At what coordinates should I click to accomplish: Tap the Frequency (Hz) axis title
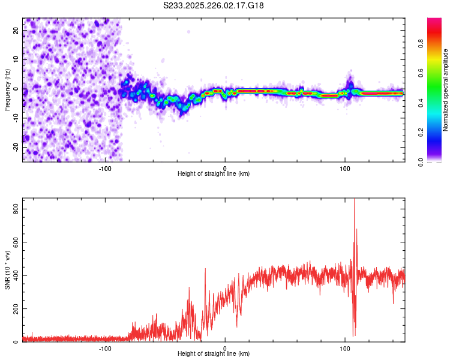tap(7, 90)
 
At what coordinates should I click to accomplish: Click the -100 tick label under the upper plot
tap(105, 169)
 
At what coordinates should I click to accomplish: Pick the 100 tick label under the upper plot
tap(344, 169)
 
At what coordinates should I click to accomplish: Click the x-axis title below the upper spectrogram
tap(214, 174)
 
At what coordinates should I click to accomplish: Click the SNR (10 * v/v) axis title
tap(7, 270)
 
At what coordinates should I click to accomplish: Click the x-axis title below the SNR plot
tap(214, 354)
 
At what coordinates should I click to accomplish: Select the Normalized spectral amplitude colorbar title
tap(446, 90)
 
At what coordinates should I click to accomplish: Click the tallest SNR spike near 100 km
tap(354, 201)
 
